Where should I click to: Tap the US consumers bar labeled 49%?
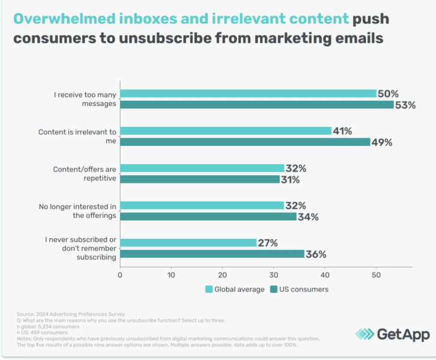(245, 142)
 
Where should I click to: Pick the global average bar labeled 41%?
(226, 131)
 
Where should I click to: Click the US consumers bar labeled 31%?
(200, 179)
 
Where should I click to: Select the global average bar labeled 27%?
(188, 242)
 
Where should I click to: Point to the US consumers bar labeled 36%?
(212, 254)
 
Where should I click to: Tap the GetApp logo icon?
(364, 334)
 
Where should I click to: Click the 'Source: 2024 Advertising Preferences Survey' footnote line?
(64, 313)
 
